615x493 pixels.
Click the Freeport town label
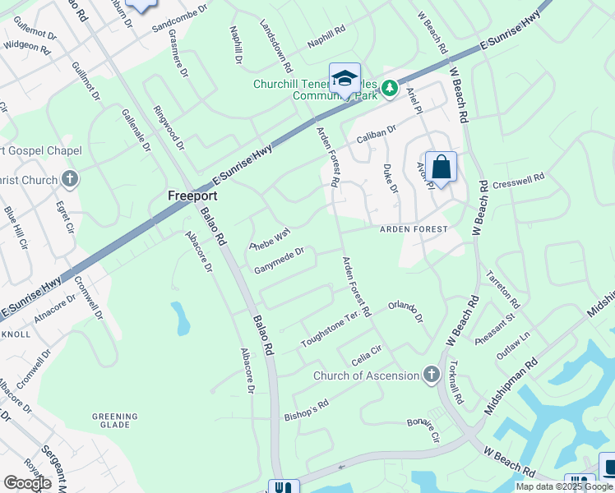pyautogui.click(x=192, y=196)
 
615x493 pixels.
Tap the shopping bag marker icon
pyautogui.click(x=441, y=167)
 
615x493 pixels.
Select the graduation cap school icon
pyautogui.click(x=344, y=79)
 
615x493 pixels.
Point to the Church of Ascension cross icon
pyautogui.click(x=431, y=376)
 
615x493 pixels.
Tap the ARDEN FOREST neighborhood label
pyautogui.click(x=413, y=229)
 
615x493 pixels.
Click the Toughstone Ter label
pyautogui.click(x=331, y=329)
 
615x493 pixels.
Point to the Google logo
pyautogui.click(x=27, y=482)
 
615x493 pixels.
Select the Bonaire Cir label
pyautogui.click(x=424, y=430)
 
